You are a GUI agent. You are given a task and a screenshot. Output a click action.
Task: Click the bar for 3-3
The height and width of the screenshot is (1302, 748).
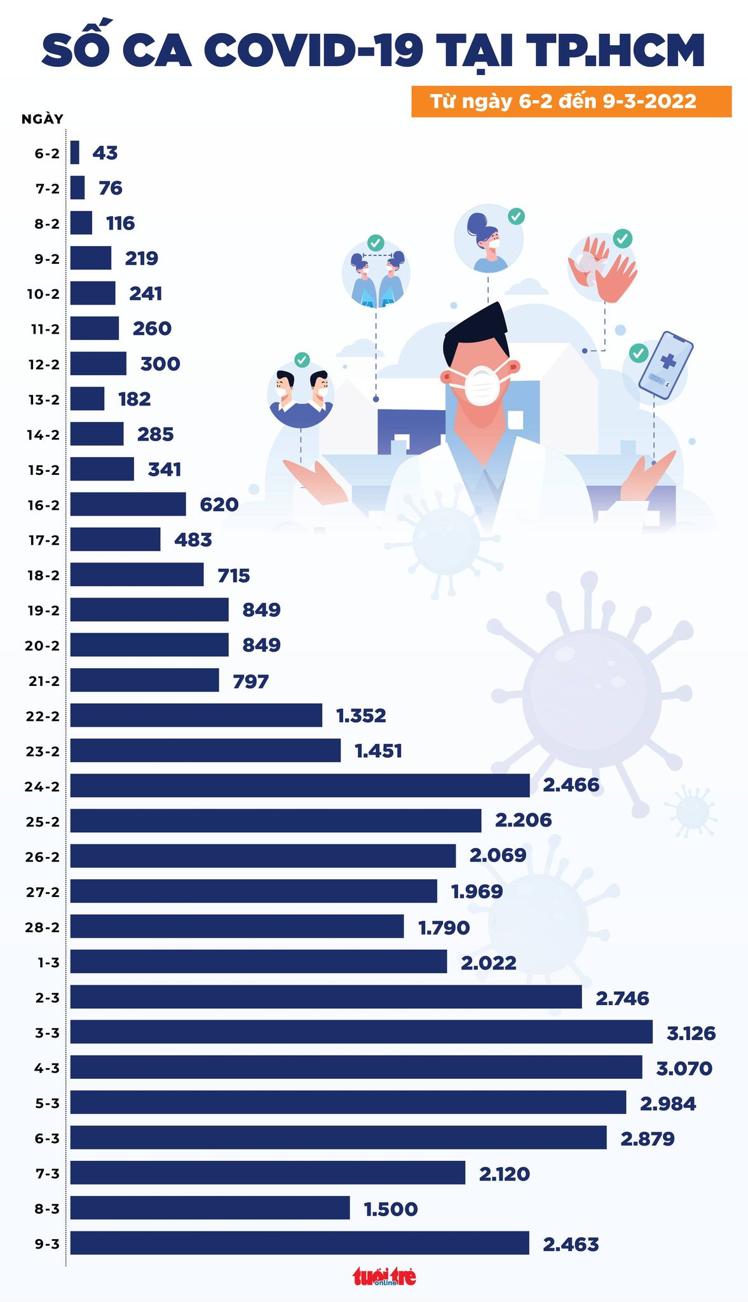[361, 1032]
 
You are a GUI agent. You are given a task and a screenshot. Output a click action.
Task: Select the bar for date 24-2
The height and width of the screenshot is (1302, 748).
[299, 785]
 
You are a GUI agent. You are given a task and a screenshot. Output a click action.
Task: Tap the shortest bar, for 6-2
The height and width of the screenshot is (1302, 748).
[75, 153]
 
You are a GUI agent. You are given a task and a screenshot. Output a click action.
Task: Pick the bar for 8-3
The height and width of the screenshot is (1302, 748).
[210, 1207]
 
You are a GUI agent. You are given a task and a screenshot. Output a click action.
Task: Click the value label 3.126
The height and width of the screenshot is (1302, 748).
[691, 1033]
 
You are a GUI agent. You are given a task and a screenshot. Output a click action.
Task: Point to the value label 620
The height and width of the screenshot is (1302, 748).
[219, 505]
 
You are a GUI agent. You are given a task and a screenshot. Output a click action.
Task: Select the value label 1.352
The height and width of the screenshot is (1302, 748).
[360, 716]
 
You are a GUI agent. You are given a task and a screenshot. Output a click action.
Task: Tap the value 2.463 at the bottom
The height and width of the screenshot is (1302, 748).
[571, 1244]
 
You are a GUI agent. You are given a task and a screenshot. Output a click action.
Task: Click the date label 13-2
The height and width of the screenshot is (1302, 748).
[43, 399]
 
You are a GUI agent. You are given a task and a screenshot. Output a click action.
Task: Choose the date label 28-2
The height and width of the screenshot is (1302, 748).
[43, 927]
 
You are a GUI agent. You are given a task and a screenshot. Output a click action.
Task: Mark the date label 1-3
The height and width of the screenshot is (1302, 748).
[48, 963]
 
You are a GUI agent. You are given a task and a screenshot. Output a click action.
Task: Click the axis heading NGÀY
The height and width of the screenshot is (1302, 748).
[42, 119]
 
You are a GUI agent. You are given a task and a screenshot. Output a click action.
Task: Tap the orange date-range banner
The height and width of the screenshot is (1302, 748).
[571, 102]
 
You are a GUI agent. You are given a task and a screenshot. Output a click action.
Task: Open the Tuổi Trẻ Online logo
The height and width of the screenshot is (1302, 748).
[384, 1276]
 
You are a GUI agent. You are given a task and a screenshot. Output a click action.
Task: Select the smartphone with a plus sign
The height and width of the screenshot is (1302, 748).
[665, 366]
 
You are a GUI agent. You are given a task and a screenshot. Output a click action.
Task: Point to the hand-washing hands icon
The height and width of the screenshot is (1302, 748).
[601, 269]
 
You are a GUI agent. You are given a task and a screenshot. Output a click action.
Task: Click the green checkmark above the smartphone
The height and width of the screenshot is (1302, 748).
[638, 352]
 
